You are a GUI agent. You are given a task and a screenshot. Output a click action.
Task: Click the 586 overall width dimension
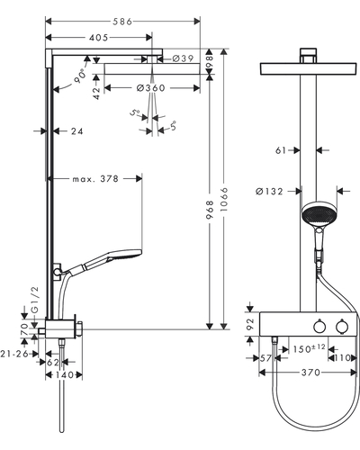pyautogui.click(x=122, y=22)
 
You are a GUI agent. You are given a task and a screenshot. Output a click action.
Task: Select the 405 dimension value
pyautogui.click(x=98, y=38)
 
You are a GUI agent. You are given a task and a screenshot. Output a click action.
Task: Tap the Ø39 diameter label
pyautogui.click(x=183, y=58)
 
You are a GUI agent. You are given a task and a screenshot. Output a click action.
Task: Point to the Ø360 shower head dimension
pyautogui.click(x=150, y=88)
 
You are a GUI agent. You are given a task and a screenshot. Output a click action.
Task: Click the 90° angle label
pyautogui.click(x=80, y=76)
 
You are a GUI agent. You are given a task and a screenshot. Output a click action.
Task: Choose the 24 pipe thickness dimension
pyautogui.click(x=77, y=131)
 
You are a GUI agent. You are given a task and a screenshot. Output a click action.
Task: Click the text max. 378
pyautogui.click(x=95, y=179)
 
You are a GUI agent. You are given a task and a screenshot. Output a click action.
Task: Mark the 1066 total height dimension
pyautogui.click(x=224, y=199)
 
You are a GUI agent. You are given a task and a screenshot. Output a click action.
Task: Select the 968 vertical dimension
pyautogui.click(x=211, y=210)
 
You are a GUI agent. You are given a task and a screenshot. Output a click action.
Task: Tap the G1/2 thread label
pyautogui.click(x=35, y=300)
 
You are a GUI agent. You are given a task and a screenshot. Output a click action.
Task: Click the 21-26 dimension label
pyautogui.click(x=14, y=354)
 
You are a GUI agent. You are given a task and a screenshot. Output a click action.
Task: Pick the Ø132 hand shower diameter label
pyautogui.click(x=269, y=191)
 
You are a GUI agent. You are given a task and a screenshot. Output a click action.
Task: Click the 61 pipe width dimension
pyautogui.click(x=281, y=150)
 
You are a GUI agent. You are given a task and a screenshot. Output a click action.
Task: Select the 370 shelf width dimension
pyautogui.click(x=310, y=373)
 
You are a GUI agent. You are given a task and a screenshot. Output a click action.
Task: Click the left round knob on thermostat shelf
pyautogui.click(x=319, y=327)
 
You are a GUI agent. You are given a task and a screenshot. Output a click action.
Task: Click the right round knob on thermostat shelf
pyautogui.click(x=341, y=327)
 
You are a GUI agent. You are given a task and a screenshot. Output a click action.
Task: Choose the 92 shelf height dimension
pyautogui.click(x=250, y=324)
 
